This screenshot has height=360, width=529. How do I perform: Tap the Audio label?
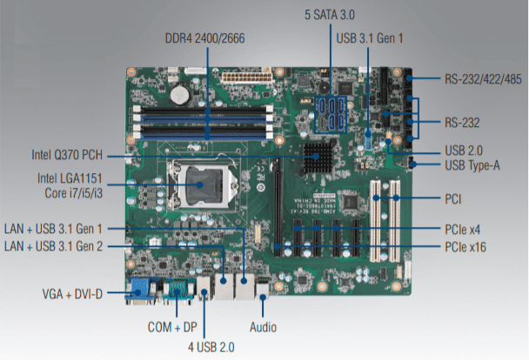tap(264, 329)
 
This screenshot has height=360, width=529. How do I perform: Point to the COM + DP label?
tap(170, 329)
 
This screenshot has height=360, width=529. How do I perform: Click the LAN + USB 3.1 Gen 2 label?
tap(65, 247)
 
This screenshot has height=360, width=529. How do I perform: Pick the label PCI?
tap(452, 199)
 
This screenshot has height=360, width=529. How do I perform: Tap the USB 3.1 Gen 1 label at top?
tap(371, 39)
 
